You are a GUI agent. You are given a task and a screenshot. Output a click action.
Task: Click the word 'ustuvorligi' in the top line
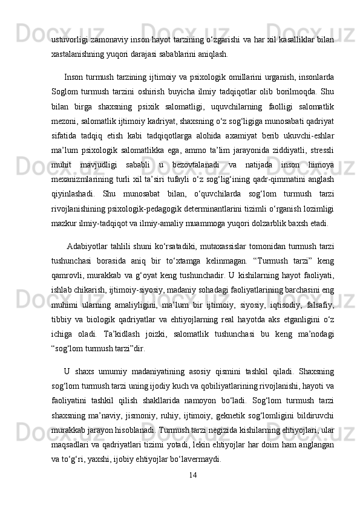click(x=69, y=39)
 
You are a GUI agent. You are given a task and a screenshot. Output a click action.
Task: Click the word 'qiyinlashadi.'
click(x=73, y=210)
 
